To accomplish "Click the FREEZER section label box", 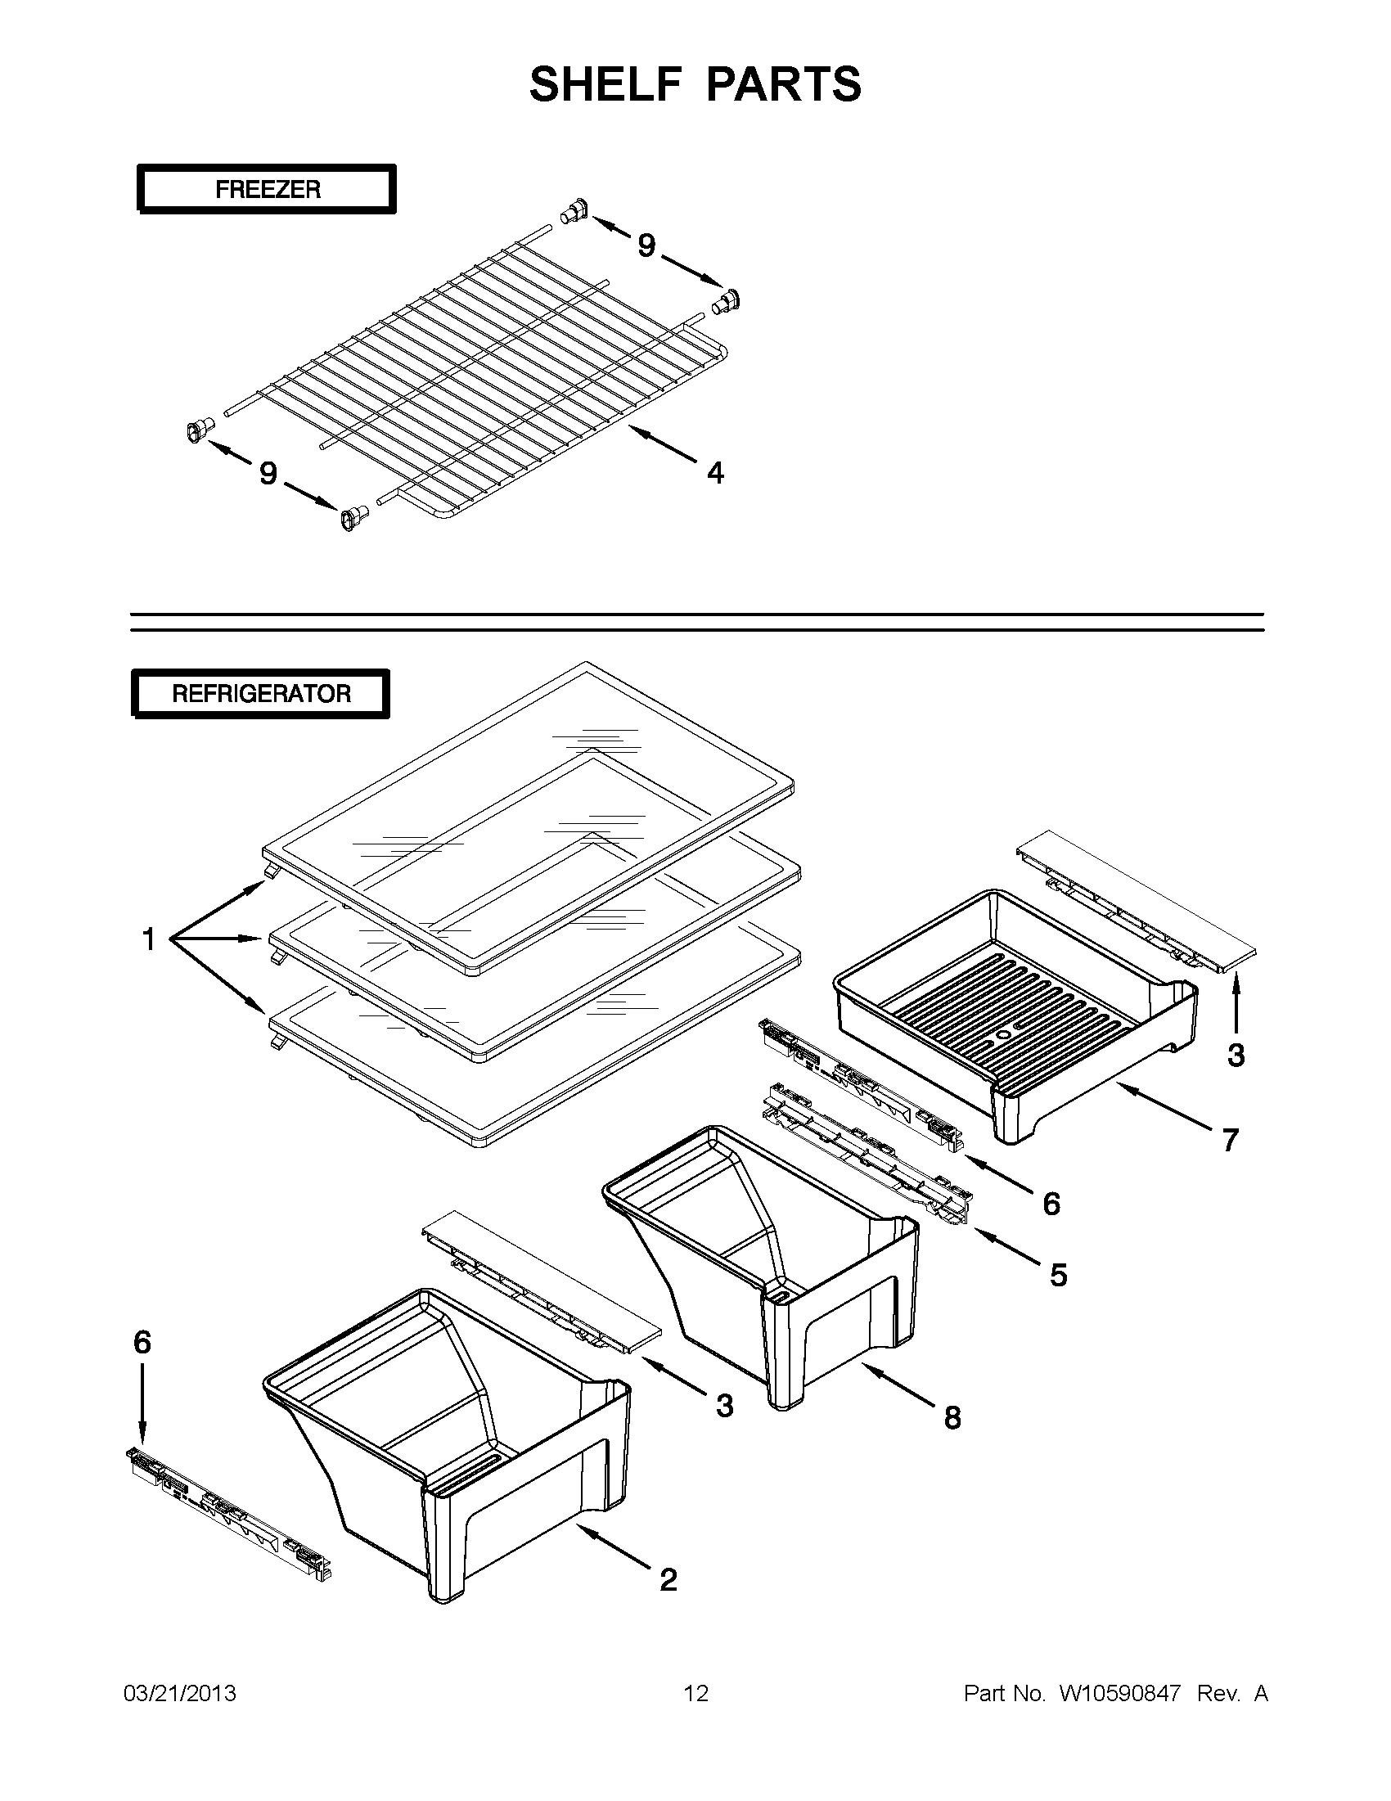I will coord(266,189).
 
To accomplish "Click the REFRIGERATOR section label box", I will coord(260,694).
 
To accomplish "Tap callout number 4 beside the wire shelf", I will coord(715,472).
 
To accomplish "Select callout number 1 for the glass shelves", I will coord(148,939).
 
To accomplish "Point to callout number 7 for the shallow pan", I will coord(1229,1140).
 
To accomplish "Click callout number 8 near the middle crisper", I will coord(952,1417).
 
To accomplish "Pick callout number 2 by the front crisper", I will coord(668,1579).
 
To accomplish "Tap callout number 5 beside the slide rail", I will coord(1058,1275).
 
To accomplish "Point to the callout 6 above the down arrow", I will coord(142,1342).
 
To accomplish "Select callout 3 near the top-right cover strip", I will coord(1236,1055).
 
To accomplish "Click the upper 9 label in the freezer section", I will coord(646,245).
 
